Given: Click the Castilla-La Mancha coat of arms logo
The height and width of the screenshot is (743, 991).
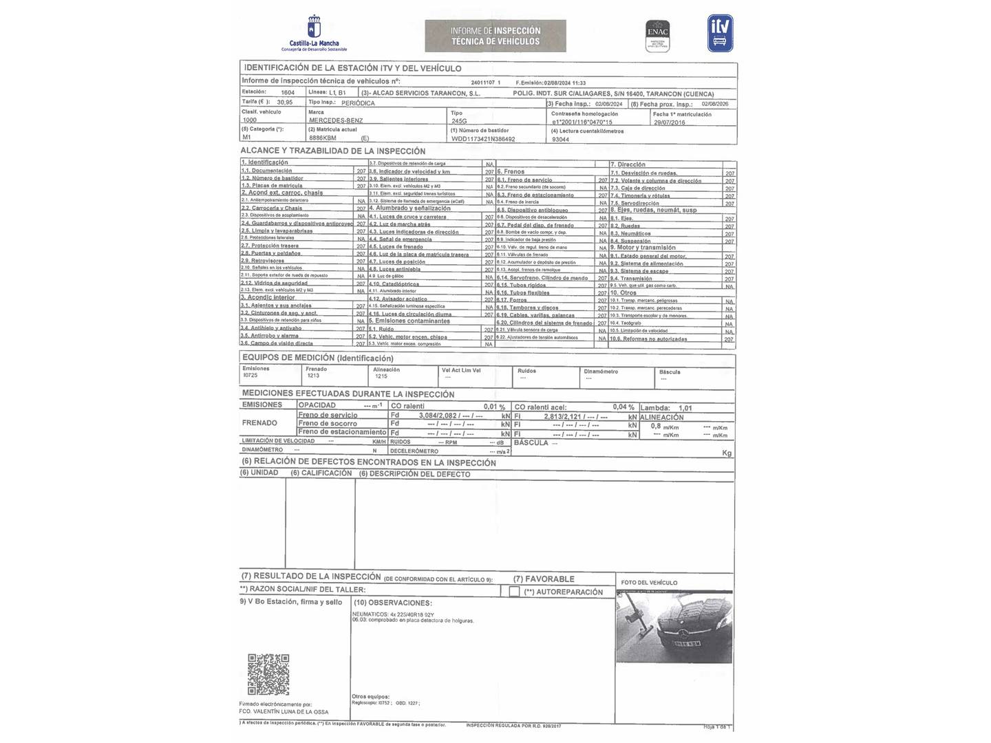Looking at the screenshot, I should (x=314, y=28).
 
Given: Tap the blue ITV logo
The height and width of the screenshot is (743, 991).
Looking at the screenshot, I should (x=720, y=33).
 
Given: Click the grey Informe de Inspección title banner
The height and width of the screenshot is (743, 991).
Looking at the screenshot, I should (x=495, y=36).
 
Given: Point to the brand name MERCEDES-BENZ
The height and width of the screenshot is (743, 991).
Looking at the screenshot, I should (x=336, y=120).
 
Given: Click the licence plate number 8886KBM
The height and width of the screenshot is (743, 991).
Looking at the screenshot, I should (x=323, y=138).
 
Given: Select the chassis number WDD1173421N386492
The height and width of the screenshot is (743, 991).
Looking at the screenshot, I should (x=483, y=139).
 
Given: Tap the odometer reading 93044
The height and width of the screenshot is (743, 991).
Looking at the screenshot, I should (x=561, y=139).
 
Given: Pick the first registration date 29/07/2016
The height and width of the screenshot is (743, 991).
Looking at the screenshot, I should (x=669, y=122).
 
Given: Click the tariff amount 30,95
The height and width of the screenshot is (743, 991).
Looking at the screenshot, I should (x=284, y=103).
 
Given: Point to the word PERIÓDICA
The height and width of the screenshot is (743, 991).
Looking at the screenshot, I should (x=358, y=103).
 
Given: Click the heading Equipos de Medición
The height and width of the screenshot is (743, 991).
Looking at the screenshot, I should (x=317, y=358).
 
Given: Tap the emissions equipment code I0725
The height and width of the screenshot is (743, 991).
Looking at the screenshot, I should (x=250, y=376).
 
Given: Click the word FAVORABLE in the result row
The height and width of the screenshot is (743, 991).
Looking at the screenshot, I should (x=553, y=579).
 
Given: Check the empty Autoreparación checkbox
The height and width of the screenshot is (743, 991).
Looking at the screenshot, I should (x=514, y=592).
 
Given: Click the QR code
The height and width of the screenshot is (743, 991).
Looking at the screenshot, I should (x=268, y=674).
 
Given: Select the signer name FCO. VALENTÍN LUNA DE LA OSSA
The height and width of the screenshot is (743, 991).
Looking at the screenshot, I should (x=284, y=712).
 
